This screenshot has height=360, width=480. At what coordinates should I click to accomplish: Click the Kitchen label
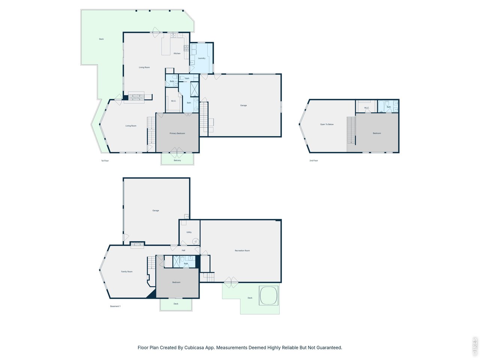[x=177, y=54]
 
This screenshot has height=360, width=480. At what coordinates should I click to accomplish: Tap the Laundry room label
[x=202, y=58]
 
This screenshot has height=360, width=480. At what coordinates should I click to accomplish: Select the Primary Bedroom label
[x=177, y=133]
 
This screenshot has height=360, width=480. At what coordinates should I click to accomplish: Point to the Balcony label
[x=177, y=160]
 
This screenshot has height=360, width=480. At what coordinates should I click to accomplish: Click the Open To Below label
[x=327, y=124]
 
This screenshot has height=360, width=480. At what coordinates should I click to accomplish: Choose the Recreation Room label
[x=242, y=250]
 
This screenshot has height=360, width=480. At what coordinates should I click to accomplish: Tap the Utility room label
[x=189, y=232]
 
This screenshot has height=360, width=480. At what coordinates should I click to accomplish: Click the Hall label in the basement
[x=183, y=250]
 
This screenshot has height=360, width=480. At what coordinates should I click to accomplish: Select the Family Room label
[x=127, y=272]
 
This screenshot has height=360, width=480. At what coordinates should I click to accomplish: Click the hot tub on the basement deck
[x=268, y=295]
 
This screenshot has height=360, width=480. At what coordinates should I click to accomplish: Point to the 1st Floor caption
[x=105, y=161]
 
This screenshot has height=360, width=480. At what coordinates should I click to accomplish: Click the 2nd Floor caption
[x=313, y=161]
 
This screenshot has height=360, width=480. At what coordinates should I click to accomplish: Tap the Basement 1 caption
[x=115, y=306]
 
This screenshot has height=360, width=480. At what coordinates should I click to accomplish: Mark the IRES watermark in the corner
[x=475, y=346]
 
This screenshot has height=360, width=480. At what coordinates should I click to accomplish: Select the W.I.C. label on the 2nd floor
[x=367, y=108]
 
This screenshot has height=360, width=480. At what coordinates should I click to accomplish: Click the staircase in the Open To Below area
[x=351, y=130]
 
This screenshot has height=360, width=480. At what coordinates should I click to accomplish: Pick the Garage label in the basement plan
[x=156, y=211]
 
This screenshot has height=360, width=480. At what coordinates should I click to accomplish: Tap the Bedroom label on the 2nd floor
[x=377, y=133]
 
